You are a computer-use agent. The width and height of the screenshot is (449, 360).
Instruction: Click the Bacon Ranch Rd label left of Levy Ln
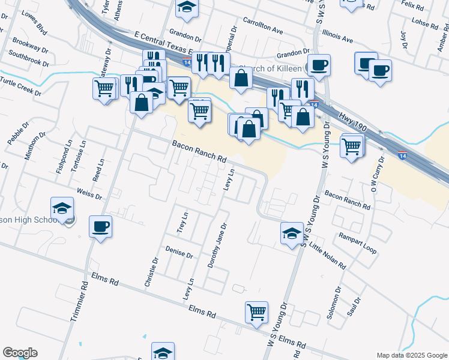[x=199, y=152]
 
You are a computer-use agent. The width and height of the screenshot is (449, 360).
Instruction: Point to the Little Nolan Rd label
[x=327, y=254]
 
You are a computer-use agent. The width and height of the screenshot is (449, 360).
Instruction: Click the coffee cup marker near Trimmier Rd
[x=100, y=227]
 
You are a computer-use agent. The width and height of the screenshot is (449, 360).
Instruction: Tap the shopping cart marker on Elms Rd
[x=256, y=312]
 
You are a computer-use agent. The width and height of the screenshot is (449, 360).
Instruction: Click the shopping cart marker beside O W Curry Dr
[x=351, y=145]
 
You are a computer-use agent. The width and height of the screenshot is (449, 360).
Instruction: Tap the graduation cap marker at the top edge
[x=187, y=8]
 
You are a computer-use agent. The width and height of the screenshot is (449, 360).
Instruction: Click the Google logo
[x=20, y=353]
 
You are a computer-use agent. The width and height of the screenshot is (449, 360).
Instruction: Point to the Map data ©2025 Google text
[x=411, y=355]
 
